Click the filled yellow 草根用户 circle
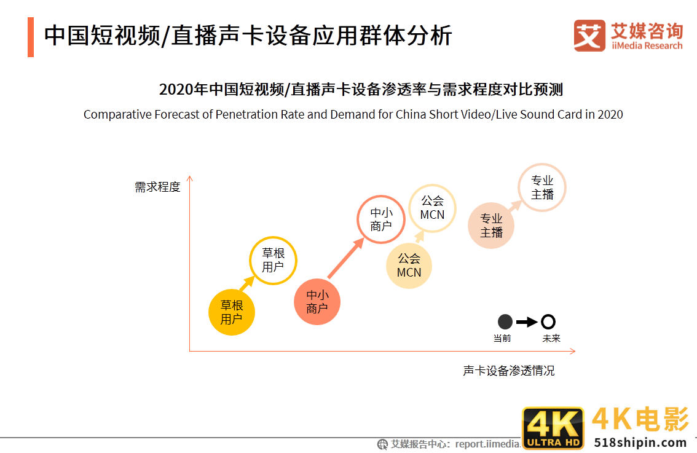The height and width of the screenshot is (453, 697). (x=232, y=312)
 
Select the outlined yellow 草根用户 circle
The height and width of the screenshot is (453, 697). (x=273, y=260)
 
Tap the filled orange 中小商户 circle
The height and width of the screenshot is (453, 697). (x=317, y=302)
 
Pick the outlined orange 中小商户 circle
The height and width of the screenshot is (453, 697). (x=381, y=219)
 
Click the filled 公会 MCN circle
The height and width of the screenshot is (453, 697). (x=409, y=266)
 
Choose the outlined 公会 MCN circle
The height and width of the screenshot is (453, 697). (x=432, y=208)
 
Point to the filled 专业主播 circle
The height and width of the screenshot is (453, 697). (x=491, y=226)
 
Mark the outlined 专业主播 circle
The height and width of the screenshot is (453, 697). (x=542, y=187)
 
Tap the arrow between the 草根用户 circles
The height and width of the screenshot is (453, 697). (x=246, y=284)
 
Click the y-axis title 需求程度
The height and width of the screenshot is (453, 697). (x=157, y=187)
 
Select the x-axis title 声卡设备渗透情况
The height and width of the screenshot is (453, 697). (x=509, y=371)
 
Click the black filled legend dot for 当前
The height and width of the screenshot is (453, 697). (x=505, y=321)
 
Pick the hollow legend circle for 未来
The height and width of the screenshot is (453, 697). (x=548, y=321)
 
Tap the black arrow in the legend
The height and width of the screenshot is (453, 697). (x=527, y=321)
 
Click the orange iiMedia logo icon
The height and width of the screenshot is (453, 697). (x=589, y=36)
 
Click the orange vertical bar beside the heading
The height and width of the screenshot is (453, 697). (x=31, y=37)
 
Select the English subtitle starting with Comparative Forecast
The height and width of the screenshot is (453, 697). (x=353, y=114)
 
